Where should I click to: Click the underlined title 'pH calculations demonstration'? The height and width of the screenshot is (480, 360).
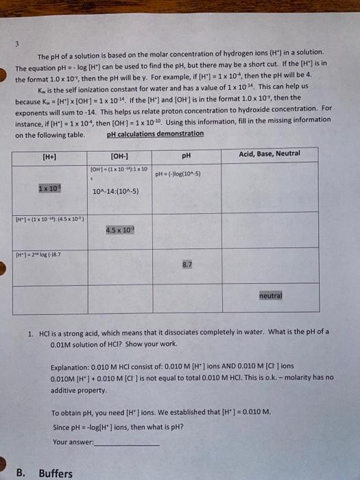coord(155,134)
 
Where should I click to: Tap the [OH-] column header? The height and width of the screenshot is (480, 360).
coord(118,156)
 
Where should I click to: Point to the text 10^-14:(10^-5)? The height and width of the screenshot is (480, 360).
coord(115,191)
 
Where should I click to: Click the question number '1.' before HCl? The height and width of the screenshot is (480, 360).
coord(31,332)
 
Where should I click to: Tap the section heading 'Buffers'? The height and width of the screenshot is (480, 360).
coord(56,473)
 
